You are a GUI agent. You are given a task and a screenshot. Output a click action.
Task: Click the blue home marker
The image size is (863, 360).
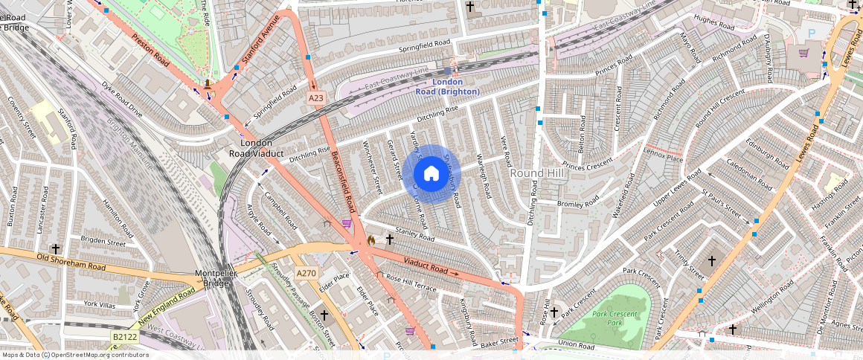[431, 174]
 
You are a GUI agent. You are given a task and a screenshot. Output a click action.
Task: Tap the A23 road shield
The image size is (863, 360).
[317, 97]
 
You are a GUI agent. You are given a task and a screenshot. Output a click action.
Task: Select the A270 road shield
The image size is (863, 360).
[307, 273]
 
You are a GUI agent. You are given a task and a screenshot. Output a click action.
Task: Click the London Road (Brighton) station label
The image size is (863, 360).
[447, 86]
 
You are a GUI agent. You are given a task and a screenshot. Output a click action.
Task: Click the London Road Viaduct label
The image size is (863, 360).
[256, 148]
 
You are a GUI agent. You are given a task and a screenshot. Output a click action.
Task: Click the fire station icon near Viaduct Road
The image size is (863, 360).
[371, 240]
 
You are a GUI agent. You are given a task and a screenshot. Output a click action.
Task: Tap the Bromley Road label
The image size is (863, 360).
[577, 203]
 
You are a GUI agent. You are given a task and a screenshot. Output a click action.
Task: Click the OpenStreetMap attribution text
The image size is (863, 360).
[75, 355]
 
